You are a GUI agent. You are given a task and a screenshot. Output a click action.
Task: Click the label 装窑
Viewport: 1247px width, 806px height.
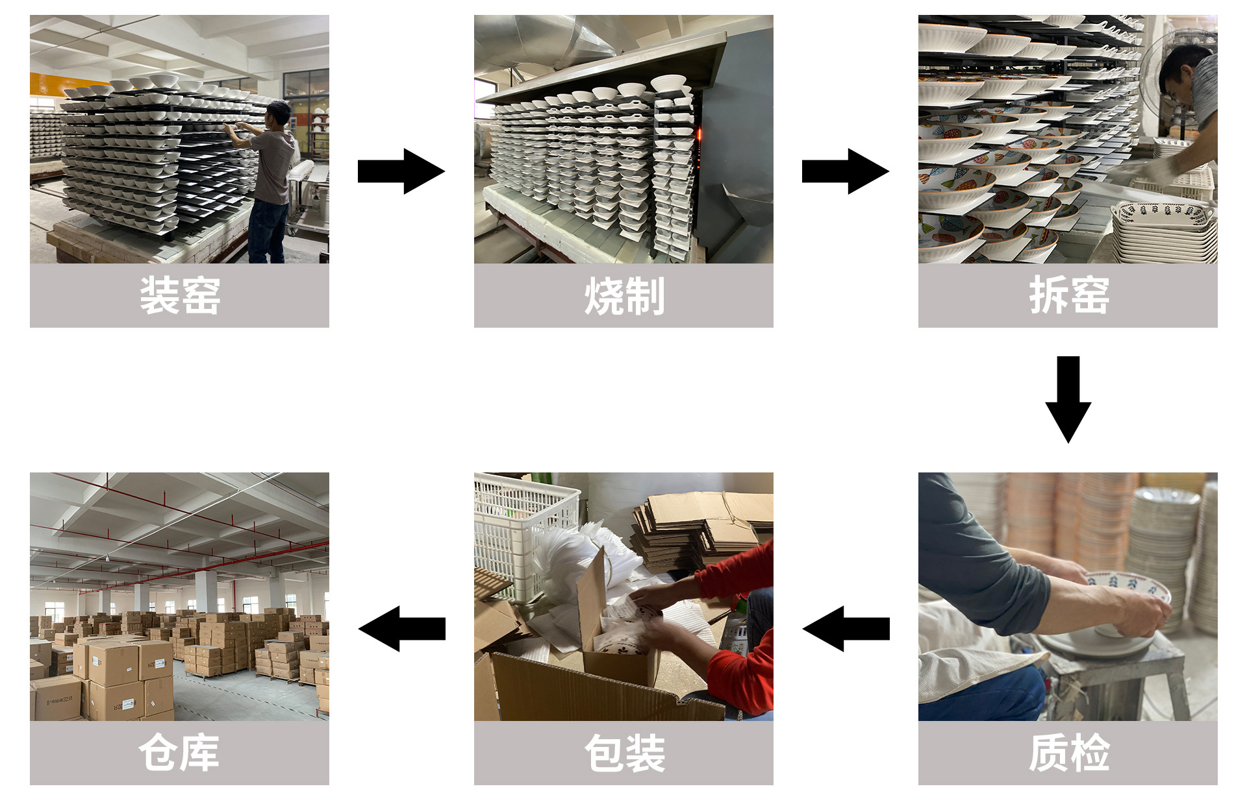click(x=180, y=296)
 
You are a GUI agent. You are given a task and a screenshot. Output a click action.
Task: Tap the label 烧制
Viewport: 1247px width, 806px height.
click(x=623, y=296)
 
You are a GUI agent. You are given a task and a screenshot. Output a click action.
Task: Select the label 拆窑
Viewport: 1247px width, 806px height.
click(x=1068, y=296)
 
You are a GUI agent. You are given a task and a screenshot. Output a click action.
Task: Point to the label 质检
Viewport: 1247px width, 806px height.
click(x=1068, y=753)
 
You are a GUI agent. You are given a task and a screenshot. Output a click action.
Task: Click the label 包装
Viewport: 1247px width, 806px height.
click(x=623, y=753)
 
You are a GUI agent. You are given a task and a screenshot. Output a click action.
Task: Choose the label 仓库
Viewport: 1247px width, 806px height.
click(x=180, y=753)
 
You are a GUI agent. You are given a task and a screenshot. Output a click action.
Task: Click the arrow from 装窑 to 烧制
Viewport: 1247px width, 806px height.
click(x=401, y=171)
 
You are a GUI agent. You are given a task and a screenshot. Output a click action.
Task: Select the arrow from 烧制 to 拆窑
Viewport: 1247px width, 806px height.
click(x=845, y=171)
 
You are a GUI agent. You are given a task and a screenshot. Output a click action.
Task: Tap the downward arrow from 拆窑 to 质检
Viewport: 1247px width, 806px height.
click(x=1068, y=398)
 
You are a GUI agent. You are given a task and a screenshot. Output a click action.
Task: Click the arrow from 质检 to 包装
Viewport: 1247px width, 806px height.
click(x=846, y=628)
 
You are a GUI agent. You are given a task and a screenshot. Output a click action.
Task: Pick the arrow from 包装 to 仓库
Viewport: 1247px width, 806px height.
click(x=401, y=628)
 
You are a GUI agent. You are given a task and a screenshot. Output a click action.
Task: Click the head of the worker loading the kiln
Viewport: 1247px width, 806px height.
click(x=279, y=113)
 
